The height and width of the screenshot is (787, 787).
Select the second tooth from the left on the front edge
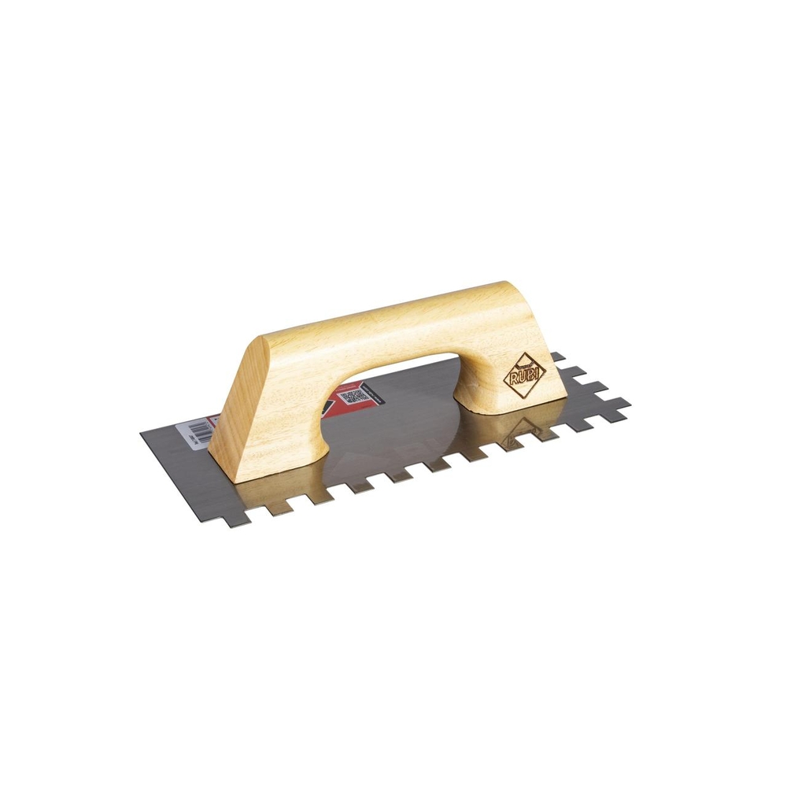(x=277, y=508)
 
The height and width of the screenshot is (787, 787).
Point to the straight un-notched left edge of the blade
(x=181, y=472)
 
